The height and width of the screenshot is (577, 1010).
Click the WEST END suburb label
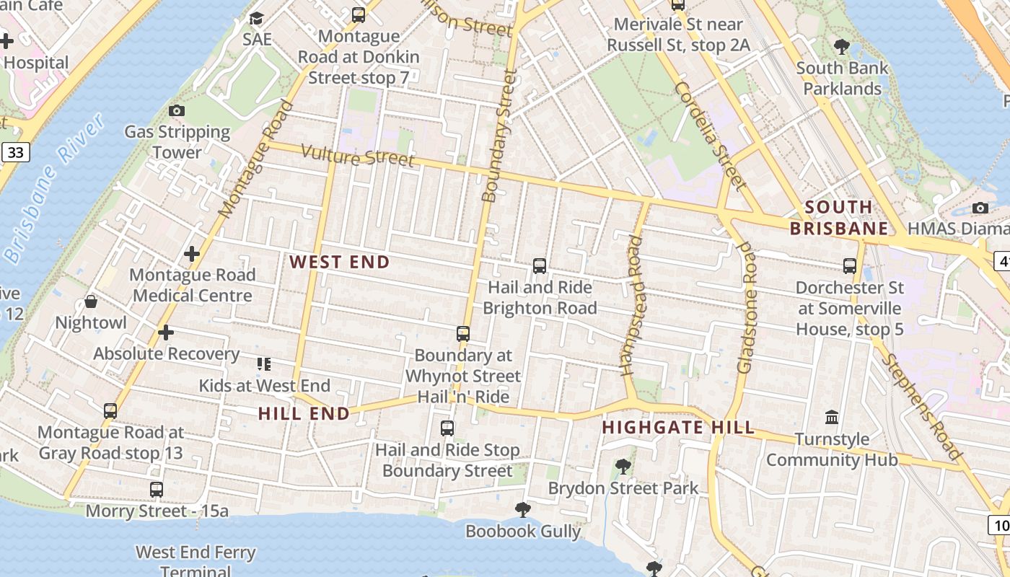click(339, 263)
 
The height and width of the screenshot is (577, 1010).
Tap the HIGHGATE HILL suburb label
click(678, 428)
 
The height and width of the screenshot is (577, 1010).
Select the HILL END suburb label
click(304, 414)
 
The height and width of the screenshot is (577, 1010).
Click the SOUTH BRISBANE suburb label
click(838, 218)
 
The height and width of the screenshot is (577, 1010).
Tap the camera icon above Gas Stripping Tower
click(177, 110)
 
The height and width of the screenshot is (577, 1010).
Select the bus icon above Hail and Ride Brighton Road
click(540, 266)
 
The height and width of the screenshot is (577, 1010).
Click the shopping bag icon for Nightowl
click(91, 301)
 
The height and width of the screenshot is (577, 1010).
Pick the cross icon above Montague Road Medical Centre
click(192, 254)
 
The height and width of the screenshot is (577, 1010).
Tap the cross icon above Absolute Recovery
click(166, 332)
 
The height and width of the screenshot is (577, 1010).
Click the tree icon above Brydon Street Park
click(623, 467)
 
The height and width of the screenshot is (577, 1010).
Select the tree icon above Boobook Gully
click(523, 510)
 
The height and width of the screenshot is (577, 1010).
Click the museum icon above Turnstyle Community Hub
click(832, 418)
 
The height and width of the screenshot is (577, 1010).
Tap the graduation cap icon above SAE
click(257, 18)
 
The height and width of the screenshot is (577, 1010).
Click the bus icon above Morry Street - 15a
click(157, 490)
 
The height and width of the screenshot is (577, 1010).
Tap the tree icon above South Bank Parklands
click(841, 47)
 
